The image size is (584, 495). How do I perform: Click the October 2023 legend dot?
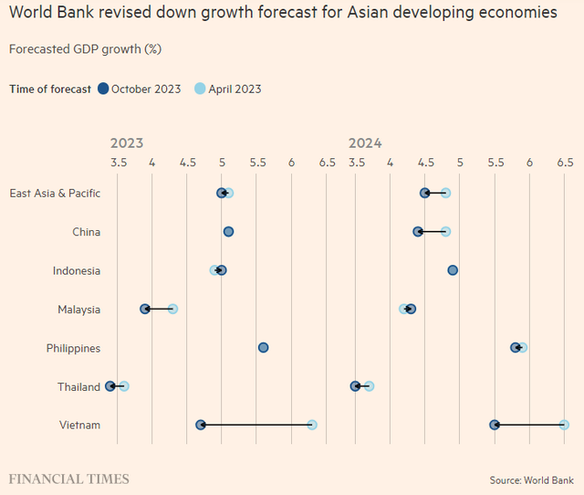click(x=103, y=89)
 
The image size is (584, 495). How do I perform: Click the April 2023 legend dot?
click(x=201, y=89)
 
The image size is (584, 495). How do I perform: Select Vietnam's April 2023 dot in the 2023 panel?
click(x=312, y=425)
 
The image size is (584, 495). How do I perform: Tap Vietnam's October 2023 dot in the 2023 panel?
click(x=201, y=425)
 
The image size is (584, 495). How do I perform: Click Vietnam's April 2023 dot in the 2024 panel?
click(x=564, y=425)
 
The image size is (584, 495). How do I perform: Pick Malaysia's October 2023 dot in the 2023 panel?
click(x=145, y=309)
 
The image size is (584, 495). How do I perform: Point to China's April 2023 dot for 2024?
click(x=445, y=231)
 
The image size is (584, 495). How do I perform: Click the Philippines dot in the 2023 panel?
click(x=264, y=347)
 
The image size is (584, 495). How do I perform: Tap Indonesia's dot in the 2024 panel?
click(x=453, y=270)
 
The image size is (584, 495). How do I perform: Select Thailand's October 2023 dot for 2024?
click(x=355, y=386)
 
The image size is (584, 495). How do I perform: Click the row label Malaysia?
click(x=78, y=310)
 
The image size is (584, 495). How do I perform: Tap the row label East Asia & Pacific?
click(x=55, y=193)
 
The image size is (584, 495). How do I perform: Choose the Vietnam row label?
click(x=81, y=426)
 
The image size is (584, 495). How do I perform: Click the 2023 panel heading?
click(x=126, y=143)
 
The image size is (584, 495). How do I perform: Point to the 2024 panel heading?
click(x=365, y=143)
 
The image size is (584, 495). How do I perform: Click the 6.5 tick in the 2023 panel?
click(x=327, y=163)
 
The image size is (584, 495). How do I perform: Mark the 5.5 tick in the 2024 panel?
click(x=495, y=163)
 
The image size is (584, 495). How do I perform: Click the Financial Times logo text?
click(x=69, y=479)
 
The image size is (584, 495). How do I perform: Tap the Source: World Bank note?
click(x=531, y=479)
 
